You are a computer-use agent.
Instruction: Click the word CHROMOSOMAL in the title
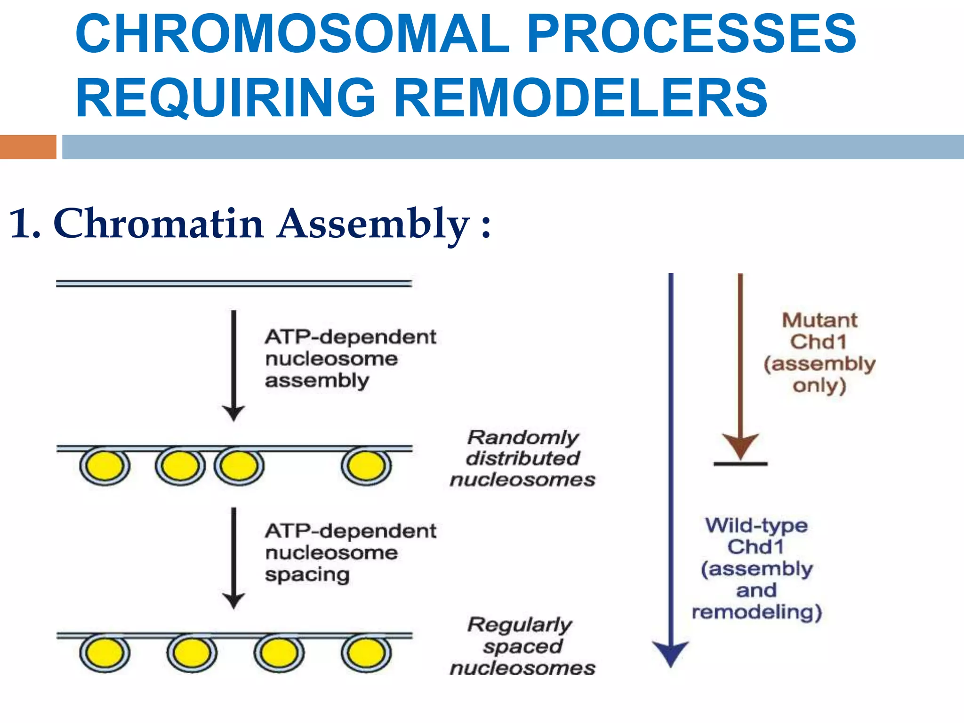pos(292,34)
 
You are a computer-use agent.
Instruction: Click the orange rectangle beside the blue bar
pos(28,147)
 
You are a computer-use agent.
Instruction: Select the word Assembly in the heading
pos(373,224)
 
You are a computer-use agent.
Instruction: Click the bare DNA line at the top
pos(234,283)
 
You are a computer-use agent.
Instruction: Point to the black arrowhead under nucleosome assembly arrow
pos(233,413)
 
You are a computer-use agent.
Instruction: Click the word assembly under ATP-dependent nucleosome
pos(317,380)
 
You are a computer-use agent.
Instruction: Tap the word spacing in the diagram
pos(307,575)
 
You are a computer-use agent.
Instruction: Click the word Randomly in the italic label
pos(522,437)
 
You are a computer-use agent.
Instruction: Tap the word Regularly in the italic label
pos(520,625)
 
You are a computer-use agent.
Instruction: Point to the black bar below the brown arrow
pos(740,464)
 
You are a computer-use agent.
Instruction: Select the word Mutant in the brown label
pos(819,320)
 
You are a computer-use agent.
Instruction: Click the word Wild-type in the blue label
pos(756,525)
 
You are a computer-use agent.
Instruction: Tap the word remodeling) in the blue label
pos(757,612)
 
